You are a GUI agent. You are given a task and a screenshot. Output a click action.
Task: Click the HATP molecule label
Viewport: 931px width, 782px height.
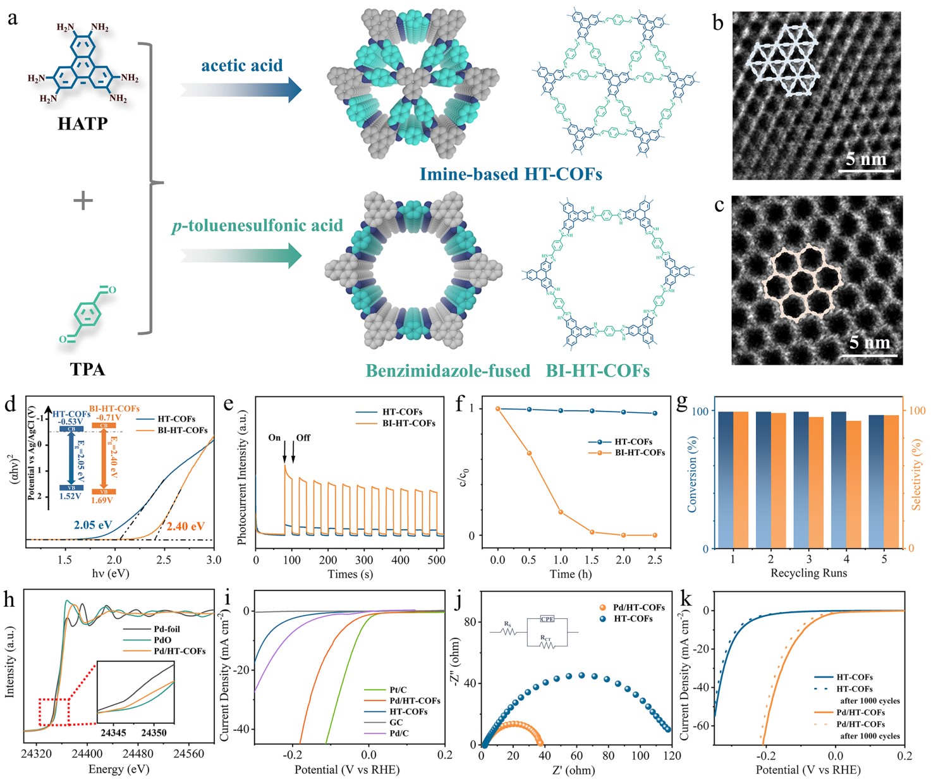(83, 124)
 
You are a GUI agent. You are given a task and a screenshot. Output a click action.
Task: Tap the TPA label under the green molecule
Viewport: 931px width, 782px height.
(87, 369)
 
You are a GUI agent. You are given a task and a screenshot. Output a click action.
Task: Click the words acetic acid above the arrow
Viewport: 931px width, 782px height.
(241, 65)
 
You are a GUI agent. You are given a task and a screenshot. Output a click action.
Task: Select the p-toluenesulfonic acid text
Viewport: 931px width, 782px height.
(257, 226)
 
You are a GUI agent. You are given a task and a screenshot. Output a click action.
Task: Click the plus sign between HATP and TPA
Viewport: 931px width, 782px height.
(83, 201)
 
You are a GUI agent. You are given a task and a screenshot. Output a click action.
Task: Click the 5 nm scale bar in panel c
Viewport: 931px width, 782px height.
(869, 355)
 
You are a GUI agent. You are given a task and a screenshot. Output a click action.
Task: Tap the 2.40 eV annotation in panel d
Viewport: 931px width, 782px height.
(186, 526)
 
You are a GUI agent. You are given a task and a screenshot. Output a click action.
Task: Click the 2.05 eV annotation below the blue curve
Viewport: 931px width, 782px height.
(93, 525)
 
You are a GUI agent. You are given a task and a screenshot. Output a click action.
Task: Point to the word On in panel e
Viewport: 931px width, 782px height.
(274, 437)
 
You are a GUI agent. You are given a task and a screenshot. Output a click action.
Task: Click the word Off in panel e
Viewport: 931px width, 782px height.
(303, 437)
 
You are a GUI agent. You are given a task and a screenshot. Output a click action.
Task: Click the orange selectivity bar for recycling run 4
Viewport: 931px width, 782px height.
(853, 484)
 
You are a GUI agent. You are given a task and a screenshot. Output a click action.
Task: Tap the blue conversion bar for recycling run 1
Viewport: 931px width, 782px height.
(725, 479)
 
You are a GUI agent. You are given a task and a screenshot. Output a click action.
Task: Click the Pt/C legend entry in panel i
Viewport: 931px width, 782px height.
(398, 690)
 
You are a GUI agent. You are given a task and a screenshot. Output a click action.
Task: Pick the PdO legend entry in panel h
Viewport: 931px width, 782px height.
(162, 640)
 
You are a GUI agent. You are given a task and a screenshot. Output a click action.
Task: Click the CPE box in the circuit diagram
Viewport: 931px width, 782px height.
(547, 619)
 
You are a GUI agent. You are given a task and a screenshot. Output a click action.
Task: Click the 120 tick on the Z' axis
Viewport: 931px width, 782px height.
(672, 755)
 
